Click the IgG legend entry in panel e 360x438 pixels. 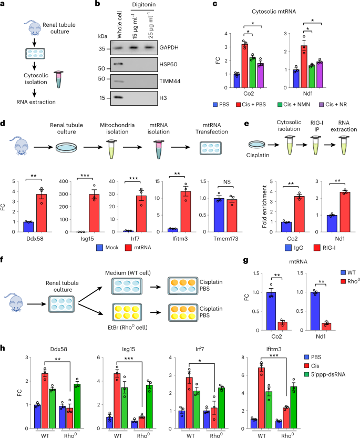[276, 245]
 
